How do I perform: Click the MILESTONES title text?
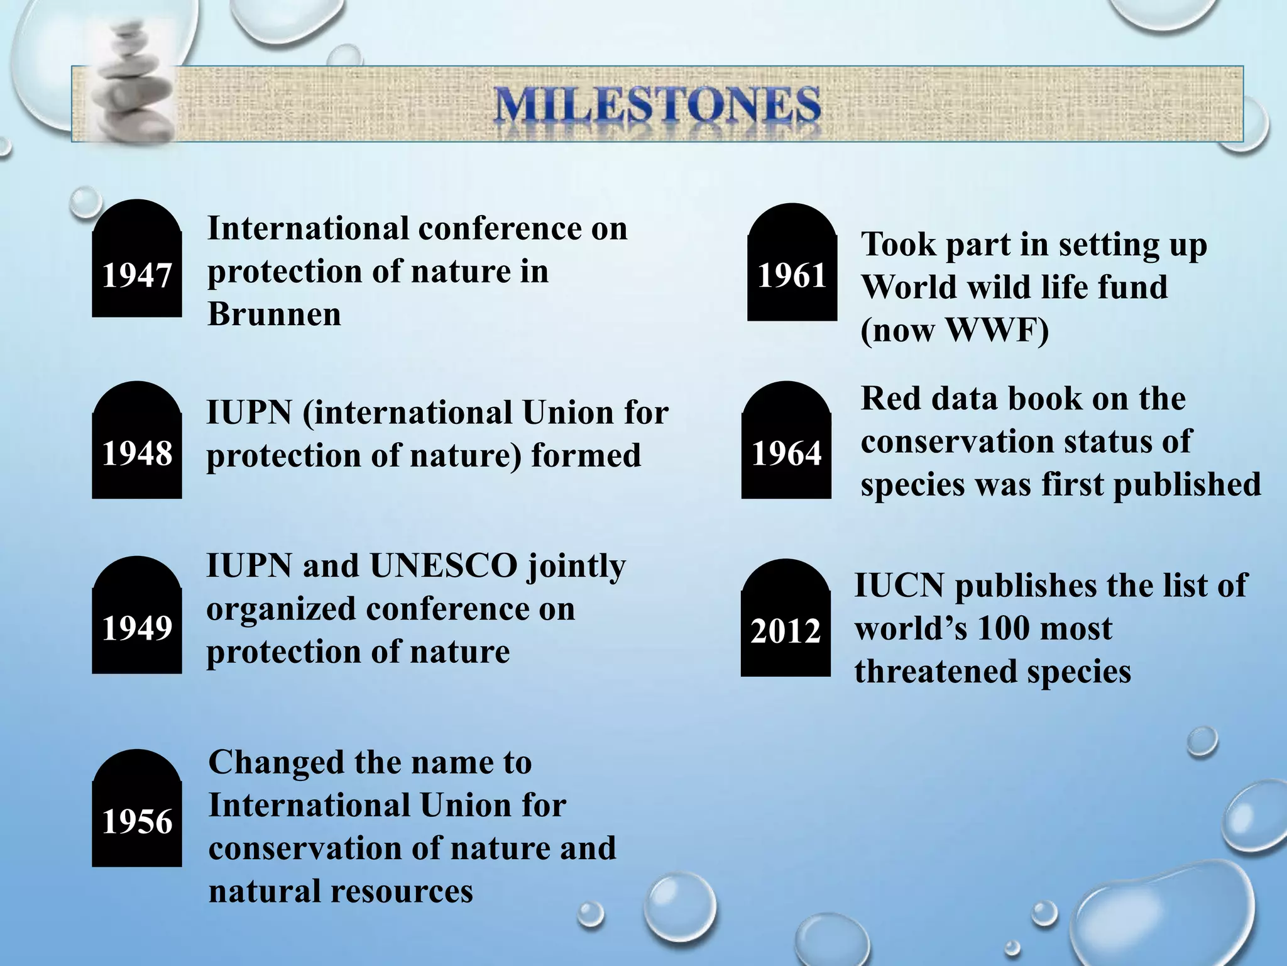click(657, 106)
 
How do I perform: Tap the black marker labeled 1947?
click(137, 264)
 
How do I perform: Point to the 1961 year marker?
click(792, 267)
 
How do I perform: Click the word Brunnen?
click(274, 314)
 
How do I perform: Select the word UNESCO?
click(444, 566)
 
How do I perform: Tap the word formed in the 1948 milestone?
click(586, 455)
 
